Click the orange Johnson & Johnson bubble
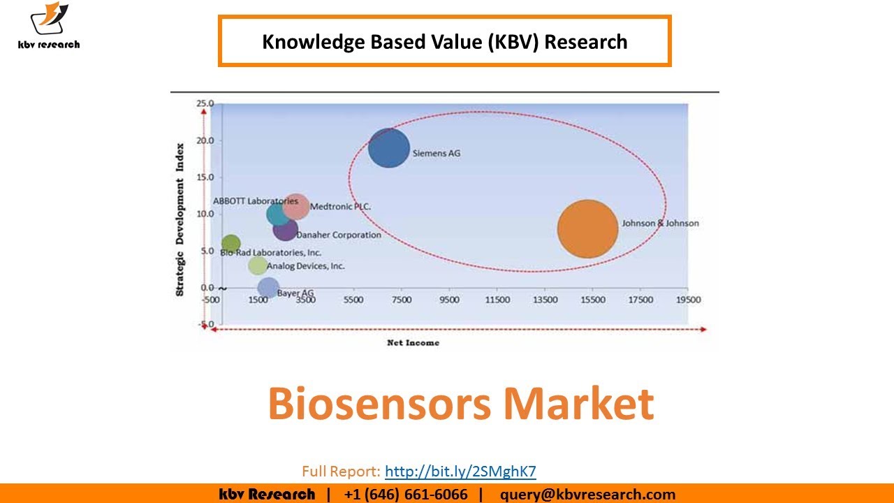(x=587, y=229)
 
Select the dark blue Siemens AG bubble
(x=388, y=148)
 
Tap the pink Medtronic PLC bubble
(x=297, y=207)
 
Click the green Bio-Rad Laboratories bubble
(x=230, y=244)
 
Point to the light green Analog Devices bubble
(x=258, y=265)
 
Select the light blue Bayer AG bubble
(x=268, y=287)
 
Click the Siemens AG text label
(x=437, y=153)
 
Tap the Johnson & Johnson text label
(x=660, y=224)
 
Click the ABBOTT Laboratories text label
(x=255, y=201)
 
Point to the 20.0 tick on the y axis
(x=205, y=140)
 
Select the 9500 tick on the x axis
(x=449, y=300)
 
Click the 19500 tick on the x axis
(x=688, y=300)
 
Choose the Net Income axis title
(x=413, y=343)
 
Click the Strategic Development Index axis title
(x=180, y=219)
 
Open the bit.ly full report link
(x=460, y=471)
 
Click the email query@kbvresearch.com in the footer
(x=587, y=495)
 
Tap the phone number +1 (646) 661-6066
(x=405, y=495)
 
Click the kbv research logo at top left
(x=49, y=27)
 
